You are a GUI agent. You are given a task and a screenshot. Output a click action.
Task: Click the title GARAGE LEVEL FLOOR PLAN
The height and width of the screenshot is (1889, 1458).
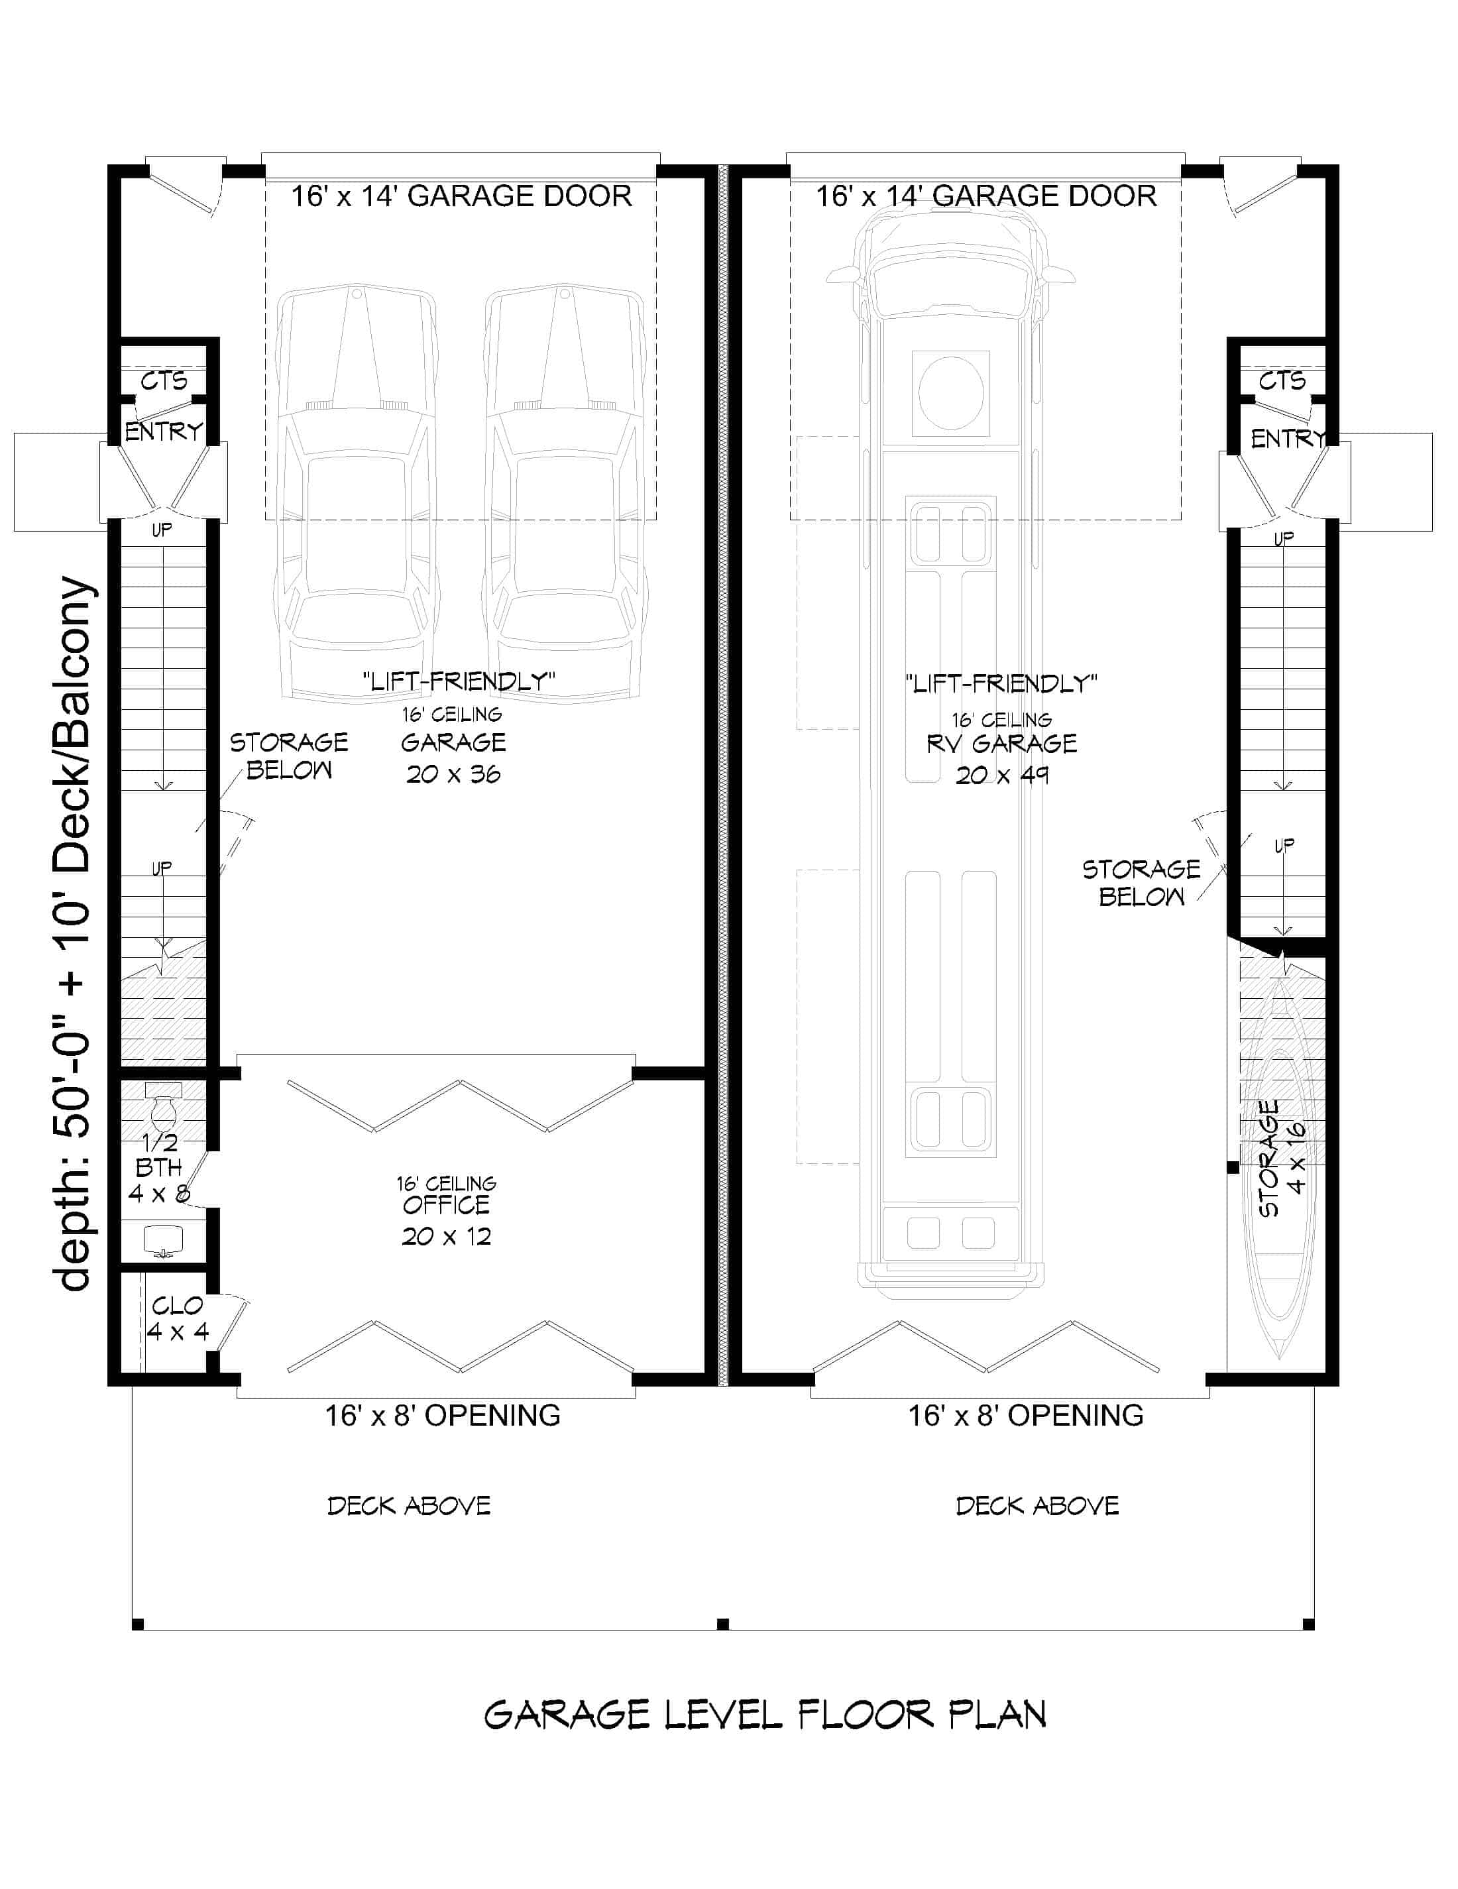point(764,1714)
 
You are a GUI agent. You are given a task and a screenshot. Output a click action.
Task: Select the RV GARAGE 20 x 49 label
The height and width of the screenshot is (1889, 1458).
point(1001,758)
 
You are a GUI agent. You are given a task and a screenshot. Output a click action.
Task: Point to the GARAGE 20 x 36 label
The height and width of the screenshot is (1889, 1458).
point(453,757)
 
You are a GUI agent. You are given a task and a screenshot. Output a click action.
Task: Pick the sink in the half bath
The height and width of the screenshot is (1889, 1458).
point(164,1240)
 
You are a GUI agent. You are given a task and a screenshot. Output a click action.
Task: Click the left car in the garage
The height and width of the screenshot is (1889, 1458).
point(355,493)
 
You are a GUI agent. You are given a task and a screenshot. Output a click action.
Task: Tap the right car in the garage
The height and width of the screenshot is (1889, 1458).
point(565,493)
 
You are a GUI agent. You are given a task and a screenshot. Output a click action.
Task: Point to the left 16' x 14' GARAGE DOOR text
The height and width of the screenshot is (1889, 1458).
point(461,196)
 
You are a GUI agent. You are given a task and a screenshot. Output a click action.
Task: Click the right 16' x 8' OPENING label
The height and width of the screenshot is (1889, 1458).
point(1026,1415)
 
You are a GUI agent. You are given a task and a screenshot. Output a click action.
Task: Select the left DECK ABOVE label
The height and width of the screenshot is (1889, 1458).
point(409,1506)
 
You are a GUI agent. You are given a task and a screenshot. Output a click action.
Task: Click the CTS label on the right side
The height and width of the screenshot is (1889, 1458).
point(1282,380)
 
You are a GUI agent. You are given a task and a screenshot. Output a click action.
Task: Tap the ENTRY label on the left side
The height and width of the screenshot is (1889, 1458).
point(164,431)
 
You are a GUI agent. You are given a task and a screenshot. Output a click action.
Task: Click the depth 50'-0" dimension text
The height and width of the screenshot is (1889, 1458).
point(73,934)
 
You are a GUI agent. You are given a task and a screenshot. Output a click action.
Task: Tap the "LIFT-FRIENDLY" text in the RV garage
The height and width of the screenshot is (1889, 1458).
point(1001,684)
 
